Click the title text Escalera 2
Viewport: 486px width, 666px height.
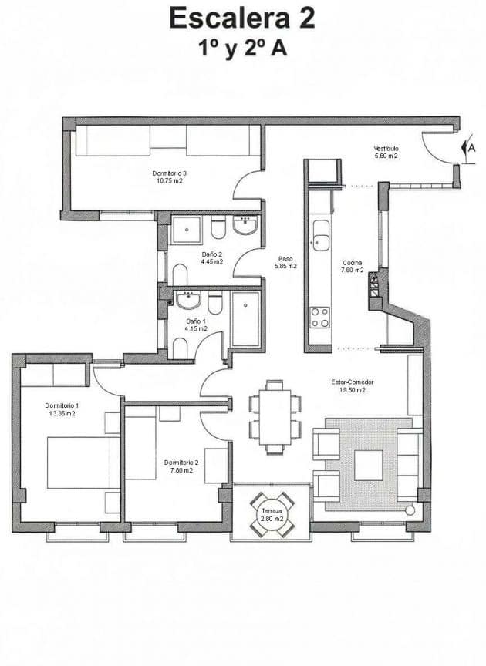coord(242,17)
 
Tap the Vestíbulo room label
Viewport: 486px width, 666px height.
coord(386,152)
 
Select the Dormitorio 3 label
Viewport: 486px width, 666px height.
coord(170,177)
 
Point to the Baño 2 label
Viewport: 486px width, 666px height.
coord(212,257)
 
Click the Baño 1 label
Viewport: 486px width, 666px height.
coord(196,325)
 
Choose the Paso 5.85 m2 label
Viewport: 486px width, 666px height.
coord(285,262)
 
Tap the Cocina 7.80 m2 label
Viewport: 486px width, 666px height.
coord(353,267)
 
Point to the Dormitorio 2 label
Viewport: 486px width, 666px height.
coord(181,466)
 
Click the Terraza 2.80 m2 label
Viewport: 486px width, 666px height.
coord(272,516)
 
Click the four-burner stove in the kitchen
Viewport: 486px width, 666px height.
coord(320,317)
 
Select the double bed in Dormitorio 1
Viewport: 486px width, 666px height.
coord(83,462)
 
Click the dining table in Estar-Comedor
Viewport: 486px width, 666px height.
coord(275,416)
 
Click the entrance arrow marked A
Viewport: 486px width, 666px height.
coord(467,146)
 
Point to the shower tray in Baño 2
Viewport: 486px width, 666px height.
coord(186,229)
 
